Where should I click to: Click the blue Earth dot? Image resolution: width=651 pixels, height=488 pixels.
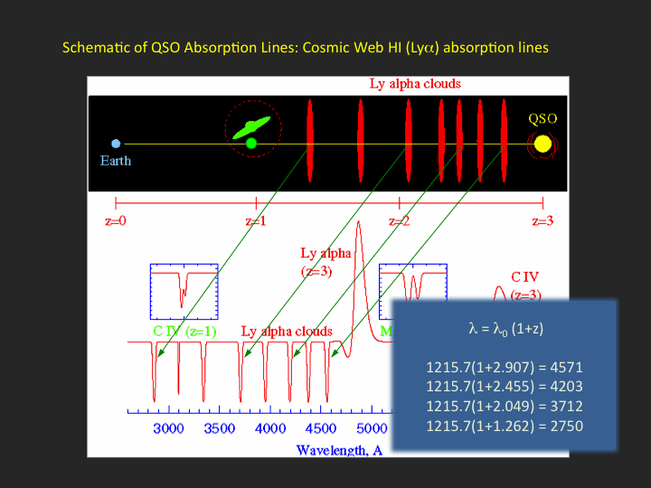click(x=116, y=144)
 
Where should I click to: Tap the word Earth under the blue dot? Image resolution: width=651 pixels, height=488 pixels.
click(x=116, y=161)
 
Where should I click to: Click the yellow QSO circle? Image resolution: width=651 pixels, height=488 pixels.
click(x=542, y=144)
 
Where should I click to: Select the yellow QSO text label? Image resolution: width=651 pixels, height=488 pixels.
click(x=542, y=118)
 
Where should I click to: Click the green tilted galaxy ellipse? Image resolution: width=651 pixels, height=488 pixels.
click(x=251, y=127)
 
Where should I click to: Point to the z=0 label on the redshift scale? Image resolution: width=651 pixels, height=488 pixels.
click(x=116, y=221)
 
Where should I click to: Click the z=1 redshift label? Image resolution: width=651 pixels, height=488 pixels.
click(x=256, y=221)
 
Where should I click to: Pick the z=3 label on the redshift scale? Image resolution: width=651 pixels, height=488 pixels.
click(x=542, y=221)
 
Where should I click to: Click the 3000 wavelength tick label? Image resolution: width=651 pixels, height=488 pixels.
click(x=168, y=428)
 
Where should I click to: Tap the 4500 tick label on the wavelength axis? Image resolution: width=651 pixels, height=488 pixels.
click(x=320, y=428)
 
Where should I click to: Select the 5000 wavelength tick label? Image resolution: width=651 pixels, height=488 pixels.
click(x=372, y=428)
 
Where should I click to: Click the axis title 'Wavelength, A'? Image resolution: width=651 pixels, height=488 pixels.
click(x=339, y=451)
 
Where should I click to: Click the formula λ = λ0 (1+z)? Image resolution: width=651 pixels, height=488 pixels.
click(x=505, y=329)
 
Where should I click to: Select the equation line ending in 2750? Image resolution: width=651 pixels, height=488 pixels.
click(x=505, y=427)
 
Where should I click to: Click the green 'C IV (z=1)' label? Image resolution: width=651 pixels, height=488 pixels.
click(x=184, y=331)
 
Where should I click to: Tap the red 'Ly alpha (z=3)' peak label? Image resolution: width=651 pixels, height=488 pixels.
click(x=325, y=262)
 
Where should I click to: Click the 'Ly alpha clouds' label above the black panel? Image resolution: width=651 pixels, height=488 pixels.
click(x=415, y=84)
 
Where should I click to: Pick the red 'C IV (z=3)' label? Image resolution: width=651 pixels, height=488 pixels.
click(x=525, y=286)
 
